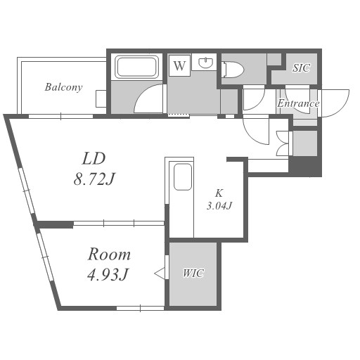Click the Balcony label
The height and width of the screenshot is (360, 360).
63,87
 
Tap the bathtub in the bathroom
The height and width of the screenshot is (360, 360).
136,67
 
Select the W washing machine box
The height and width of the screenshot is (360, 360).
179,65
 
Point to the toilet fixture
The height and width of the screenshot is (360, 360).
233,70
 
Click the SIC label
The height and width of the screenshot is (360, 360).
302,68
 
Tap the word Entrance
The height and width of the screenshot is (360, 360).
298,103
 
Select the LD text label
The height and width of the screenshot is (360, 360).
94,159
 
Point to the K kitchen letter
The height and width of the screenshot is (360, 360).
219,193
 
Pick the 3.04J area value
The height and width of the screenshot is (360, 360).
219,206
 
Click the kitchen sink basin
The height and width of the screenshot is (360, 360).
183,177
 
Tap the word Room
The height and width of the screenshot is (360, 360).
109,255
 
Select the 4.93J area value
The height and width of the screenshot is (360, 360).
108,275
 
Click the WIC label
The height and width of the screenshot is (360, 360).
193,274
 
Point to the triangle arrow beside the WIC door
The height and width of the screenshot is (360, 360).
160,274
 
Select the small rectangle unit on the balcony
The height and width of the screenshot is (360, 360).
101,98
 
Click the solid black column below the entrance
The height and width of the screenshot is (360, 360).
304,166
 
